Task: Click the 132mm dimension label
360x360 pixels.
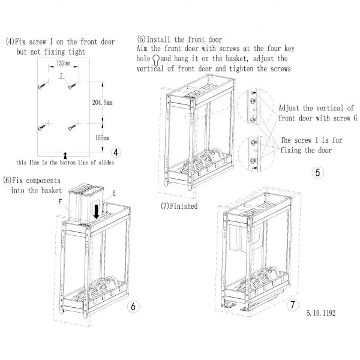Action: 64,63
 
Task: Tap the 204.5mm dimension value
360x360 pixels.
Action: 103,103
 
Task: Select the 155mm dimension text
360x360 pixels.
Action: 103,138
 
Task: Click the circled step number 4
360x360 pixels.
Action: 116,152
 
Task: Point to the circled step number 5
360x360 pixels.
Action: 318,173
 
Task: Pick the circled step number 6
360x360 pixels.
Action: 133,307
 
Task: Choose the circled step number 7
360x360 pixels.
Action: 293,305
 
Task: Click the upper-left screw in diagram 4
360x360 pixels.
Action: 42,86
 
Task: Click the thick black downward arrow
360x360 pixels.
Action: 97,211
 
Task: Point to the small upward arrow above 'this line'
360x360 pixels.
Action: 65,155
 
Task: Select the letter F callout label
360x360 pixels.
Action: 61,202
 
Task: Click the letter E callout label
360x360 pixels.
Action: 114,193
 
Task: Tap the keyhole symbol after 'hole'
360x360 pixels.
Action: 156,59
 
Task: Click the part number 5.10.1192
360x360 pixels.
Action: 321,313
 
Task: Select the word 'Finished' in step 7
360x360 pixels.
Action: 184,206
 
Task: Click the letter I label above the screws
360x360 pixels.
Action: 61,76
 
